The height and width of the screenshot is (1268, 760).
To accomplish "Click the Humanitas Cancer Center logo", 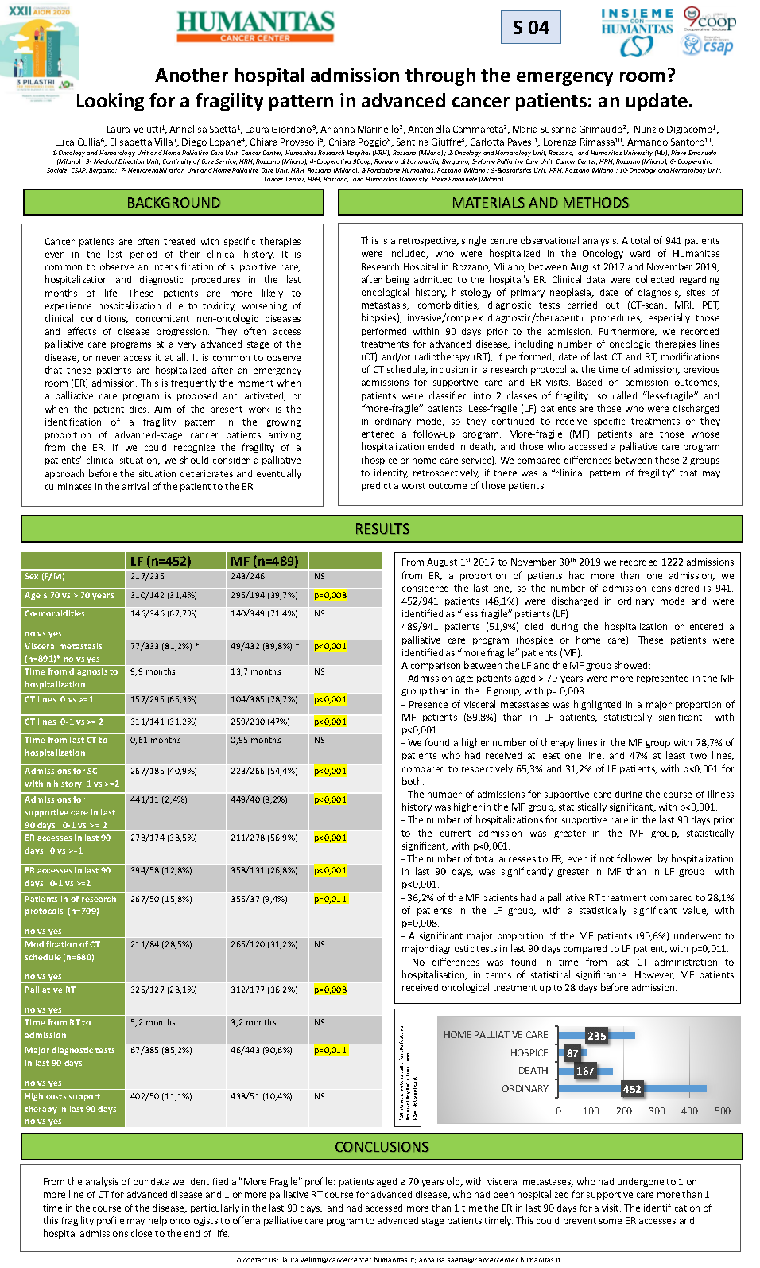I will (255, 26).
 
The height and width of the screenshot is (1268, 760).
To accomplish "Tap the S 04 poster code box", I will (531, 28).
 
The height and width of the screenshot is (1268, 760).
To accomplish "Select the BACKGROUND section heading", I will (173, 203).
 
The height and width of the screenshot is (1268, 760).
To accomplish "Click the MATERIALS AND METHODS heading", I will (540, 203).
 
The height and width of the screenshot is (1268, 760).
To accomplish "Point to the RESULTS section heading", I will (382, 529).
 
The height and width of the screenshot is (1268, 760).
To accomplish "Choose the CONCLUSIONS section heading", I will (382, 1146).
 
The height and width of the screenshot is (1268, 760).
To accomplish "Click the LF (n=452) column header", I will (161, 561).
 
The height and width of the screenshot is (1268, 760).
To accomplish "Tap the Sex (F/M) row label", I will (45, 576).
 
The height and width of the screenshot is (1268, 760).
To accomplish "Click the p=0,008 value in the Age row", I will (330, 595).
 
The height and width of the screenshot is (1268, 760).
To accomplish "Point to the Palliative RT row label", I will (50, 990).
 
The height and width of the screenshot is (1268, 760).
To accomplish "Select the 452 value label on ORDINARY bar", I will (632, 1089).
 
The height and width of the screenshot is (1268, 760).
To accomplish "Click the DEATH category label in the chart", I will (533, 1071).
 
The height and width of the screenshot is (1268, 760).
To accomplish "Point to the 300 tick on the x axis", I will (657, 1110).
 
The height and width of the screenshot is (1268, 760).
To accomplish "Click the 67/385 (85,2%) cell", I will (161, 1050).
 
